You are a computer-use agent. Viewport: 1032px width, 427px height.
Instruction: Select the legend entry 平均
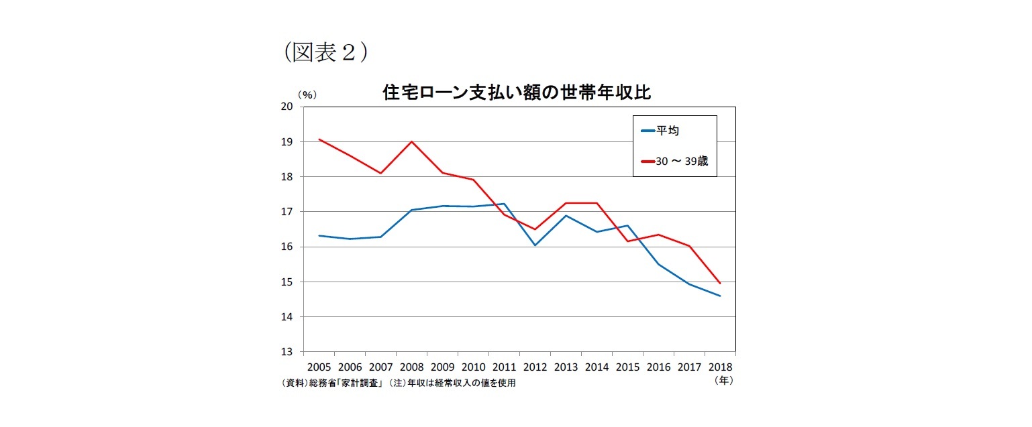667,131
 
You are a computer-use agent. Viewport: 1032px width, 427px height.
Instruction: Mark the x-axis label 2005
319,367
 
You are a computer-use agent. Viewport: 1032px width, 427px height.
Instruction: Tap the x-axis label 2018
720,367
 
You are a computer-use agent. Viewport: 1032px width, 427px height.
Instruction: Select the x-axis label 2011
505,367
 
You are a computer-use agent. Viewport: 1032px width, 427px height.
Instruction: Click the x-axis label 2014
597,367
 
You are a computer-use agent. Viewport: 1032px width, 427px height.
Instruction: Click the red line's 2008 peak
412,141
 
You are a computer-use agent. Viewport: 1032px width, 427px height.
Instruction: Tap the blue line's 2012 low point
535,245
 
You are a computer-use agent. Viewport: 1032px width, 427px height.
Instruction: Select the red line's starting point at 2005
319,139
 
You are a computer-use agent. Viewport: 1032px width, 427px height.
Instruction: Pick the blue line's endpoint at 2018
720,296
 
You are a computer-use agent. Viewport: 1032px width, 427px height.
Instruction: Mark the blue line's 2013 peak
566,216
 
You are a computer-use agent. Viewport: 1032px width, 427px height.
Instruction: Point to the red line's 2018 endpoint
720,283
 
